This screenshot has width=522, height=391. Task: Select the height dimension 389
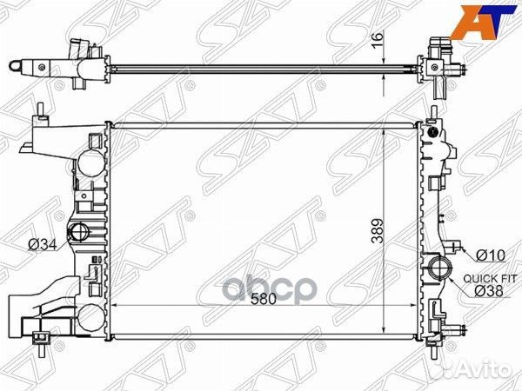tap(378, 231)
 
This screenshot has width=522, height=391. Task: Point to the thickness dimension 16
tap(378, 40)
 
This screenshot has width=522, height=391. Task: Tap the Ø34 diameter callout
tap(43, 245)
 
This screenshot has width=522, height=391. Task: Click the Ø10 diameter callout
tap(491, 255)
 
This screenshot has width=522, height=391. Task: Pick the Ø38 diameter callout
tap(488, 291)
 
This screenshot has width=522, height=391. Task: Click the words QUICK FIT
tap(490, 279)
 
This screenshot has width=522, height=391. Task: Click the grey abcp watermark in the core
tap(268, 288)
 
